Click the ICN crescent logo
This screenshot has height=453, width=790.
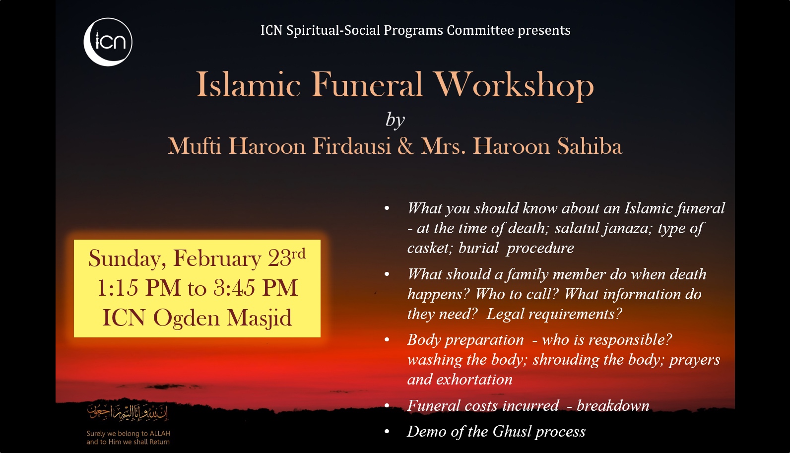point(108,42)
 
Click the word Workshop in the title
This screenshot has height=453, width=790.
point(514,85)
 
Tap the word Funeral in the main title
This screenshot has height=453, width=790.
point(366,85)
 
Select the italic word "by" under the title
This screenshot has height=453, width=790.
point(395,120)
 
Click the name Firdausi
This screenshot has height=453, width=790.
point(352,145)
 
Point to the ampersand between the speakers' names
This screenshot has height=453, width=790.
point(405,146)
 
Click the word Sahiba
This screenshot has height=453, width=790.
point(590,145)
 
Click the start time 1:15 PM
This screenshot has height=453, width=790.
point(139,288)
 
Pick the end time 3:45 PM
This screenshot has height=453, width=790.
point(256,288)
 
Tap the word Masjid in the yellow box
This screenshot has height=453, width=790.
point(259,319)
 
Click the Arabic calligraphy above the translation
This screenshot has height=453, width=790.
point(128,412)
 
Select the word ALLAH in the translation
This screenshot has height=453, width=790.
point(160,433)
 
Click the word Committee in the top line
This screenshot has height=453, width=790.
point(480,30)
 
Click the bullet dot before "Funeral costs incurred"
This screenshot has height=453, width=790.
point(387,406)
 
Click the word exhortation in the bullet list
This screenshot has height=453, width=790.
point(474,380)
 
